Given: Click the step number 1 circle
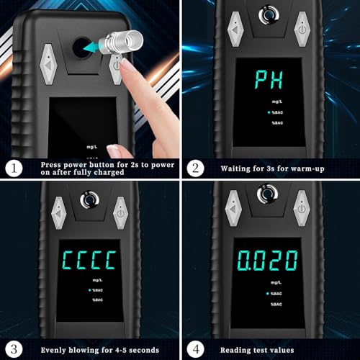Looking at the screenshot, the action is click(x=14, y=168).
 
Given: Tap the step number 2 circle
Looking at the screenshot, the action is click(x=196, y=168).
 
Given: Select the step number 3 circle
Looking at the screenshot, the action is click(x=14, y=349).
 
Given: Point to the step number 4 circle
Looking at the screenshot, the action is click(x=196, y=349).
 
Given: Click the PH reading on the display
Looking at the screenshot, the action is click(x=269, y=80).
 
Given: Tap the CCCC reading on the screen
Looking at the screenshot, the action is click(x=89, y=260).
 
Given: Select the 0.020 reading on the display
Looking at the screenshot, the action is click(x=268, y=261).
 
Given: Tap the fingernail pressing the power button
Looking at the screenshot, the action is click(x=126, y=64).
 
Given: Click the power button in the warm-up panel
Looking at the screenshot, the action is click(x=302, y=29).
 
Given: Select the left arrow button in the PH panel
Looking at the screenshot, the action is click(x=235, y=29).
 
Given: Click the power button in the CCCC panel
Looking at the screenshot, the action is click(x=120, y=213).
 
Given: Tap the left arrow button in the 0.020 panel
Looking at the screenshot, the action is click(x=233, y=208).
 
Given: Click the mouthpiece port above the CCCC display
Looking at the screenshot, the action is click(x=90, y=199).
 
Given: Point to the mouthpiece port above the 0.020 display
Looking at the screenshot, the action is click(x=267, y=194).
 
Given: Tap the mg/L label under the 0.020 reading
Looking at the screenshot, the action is click(x=276, y=283).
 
